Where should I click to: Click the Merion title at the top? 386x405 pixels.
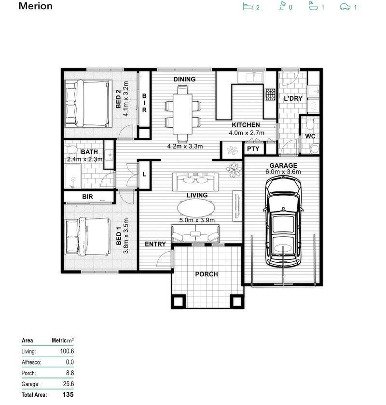click(36, 6)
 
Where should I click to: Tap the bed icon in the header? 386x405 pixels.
click(248, 7)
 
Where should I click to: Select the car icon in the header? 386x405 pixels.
click(345, 7)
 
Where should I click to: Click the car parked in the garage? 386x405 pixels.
click(285, 220)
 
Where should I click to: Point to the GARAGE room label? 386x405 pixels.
click(283, 165)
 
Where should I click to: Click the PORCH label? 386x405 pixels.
click(206, 274)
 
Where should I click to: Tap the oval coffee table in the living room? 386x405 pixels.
click(196, 209)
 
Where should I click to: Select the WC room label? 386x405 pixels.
click(310, 136)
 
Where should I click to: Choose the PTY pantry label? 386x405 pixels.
click(253, 149)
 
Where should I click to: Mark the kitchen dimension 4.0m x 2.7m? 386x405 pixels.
click(246, 133)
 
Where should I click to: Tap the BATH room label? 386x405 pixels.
click(89, 151)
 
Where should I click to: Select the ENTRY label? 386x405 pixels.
click(155, 244)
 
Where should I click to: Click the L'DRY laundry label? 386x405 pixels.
click(292, 98)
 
